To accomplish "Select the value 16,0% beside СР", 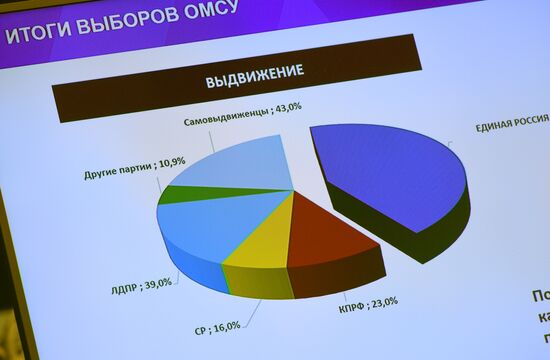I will (229, 326).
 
